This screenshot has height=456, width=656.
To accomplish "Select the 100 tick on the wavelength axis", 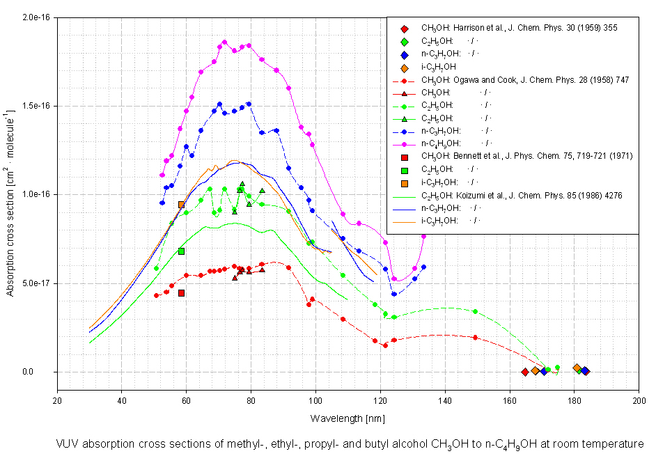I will [315, 400].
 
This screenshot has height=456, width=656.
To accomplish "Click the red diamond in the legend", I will [405, 29].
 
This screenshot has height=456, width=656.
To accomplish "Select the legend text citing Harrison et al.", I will [519, 29].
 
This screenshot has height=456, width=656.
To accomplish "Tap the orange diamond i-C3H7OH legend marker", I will [405, 68].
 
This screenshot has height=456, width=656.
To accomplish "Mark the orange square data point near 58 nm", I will [181, 205].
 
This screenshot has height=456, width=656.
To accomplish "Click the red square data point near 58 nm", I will [181, 293].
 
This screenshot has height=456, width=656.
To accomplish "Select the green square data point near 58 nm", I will [181, 251].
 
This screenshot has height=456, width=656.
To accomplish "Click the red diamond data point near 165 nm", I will [524, 372].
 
